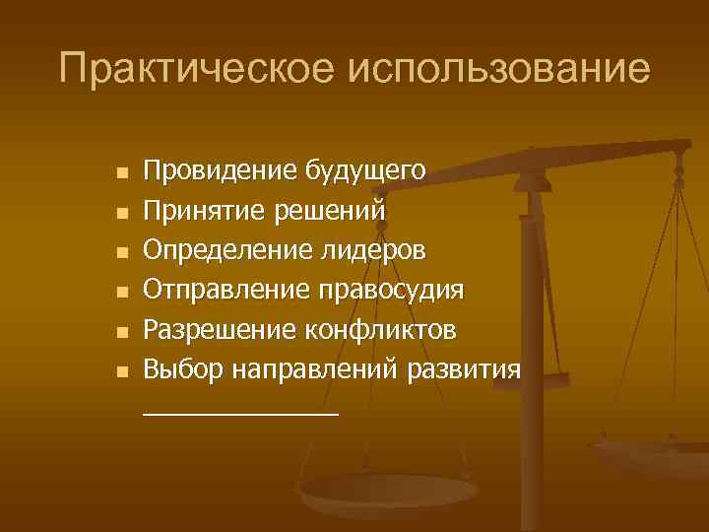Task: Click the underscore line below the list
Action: pyautogui.click(x=240, y=415)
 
